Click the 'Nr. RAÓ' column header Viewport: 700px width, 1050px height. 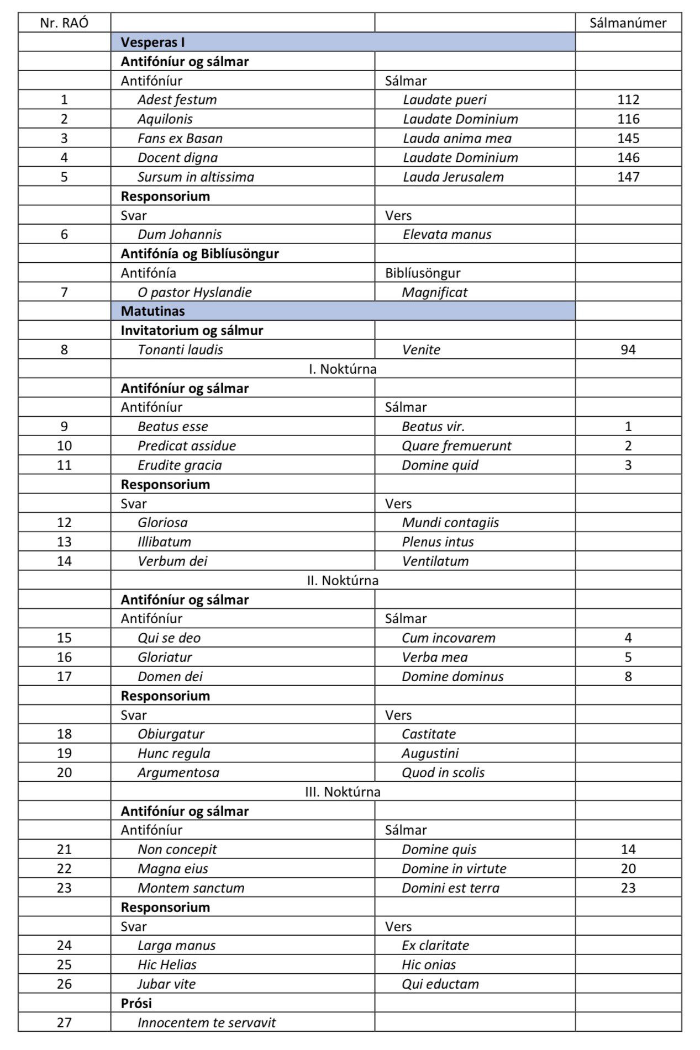(x=64, y=23)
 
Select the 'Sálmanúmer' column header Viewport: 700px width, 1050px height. (x=628, y=23)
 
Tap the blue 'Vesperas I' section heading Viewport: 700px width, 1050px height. (x=153, y=42)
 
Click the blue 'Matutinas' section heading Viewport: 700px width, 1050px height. (x=153, y=311)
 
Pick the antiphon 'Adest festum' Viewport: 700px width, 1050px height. (x=177, y=99)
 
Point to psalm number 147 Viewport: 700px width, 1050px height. (x=628, y=177)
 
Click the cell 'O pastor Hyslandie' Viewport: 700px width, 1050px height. (x=194, y=292)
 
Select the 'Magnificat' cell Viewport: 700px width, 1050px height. (x=434, y=292)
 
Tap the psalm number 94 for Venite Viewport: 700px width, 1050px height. (x=628, y=349)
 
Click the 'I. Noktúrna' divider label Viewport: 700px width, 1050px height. (x=343, y=369)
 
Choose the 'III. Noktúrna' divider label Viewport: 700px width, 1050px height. (x=343, y=792)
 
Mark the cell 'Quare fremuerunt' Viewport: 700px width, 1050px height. (x=456, y=446)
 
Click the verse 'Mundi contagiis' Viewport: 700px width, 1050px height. (x=450, y=522)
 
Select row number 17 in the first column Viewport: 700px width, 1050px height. (x=64, y=676)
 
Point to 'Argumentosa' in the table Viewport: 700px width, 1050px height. (x=178, y=772)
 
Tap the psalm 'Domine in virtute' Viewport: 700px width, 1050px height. (x=454, y=868)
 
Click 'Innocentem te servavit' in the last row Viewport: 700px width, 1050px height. (x=207, y=1022)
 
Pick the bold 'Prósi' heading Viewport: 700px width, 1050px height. (x=136, y=1003)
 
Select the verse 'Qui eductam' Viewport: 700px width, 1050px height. (x=440, y=984)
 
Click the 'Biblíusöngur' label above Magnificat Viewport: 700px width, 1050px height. (x=423, y=273)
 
